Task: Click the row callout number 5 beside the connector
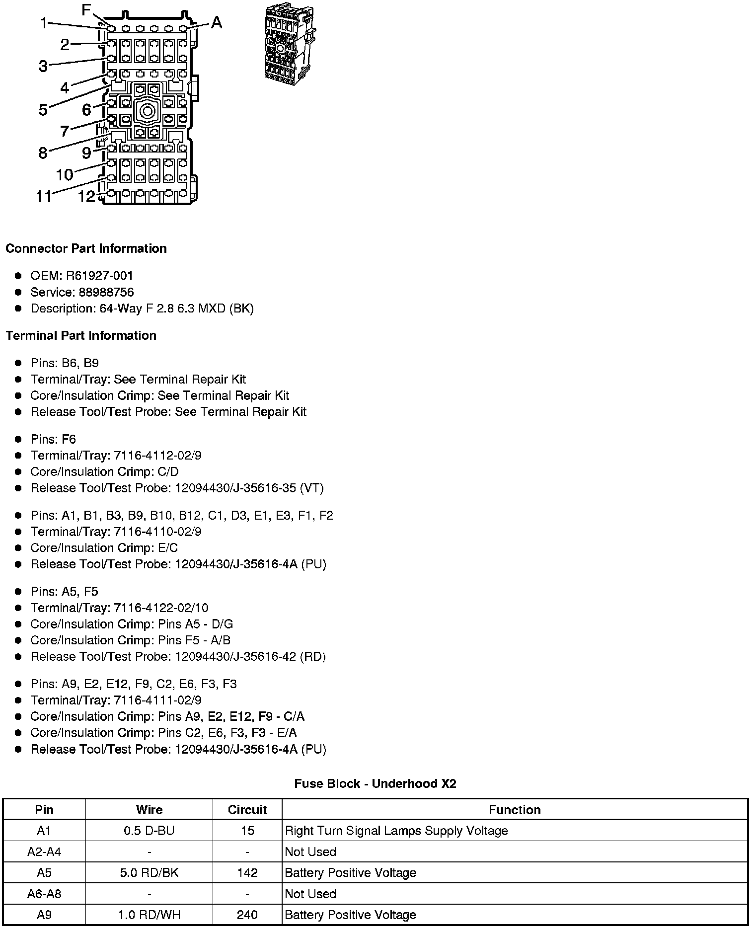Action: [43, 110]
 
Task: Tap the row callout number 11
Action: [44, 197]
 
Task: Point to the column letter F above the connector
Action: [86, 10]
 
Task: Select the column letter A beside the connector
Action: [216, 23]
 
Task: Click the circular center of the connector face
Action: [147, 110]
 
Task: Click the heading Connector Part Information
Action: [86, 248]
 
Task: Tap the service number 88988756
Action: [106, 292]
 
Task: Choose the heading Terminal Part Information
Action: [81, 336]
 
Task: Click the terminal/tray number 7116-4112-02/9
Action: [157, 456]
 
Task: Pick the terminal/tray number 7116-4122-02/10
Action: [161, 608]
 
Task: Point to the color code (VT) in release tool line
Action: [311, 488]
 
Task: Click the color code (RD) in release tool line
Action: [312, 657]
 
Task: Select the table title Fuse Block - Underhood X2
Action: [375, 784]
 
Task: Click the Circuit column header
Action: [247, 810]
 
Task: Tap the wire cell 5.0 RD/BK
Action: [149, 873]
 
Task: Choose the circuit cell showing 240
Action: [247, 915]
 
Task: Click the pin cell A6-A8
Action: [44, 894]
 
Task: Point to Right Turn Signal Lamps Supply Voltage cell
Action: [396, 831]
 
